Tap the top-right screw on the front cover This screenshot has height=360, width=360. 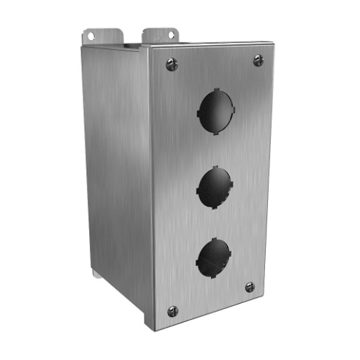pyautogui.click(x=258, y=60)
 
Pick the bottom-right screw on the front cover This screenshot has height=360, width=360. pyautogui.click(x=250, y=287)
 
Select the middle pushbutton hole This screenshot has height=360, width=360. pyautogui.click(x=214, y=185)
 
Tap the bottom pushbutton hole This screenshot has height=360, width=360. pyautogui.click(x=213, y=257)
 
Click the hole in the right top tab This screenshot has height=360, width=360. pyautogui.click(x=172, y=34)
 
